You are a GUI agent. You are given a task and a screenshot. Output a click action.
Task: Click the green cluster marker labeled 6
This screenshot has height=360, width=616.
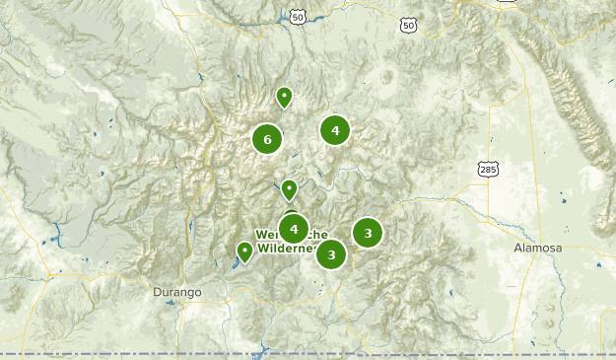267,139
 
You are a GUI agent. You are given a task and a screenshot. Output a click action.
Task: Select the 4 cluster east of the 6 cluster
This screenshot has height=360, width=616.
335,130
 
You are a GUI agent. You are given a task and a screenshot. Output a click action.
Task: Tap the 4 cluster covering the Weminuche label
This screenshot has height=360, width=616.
294,229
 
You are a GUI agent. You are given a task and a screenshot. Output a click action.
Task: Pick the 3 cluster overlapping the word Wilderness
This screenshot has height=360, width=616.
331,254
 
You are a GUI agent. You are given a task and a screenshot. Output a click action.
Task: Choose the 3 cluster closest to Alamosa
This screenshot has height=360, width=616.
368,233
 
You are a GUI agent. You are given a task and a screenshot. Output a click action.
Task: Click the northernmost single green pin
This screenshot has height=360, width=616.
284,97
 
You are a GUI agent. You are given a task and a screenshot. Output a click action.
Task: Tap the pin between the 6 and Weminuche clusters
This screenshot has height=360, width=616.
289,188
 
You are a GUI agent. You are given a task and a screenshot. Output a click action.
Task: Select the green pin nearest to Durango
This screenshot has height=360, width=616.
244,252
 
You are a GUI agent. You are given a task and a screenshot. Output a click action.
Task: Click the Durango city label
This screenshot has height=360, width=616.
177,293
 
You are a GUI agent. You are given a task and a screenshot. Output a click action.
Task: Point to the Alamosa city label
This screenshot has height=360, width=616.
537,248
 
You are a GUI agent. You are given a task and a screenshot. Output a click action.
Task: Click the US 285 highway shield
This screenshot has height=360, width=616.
488,170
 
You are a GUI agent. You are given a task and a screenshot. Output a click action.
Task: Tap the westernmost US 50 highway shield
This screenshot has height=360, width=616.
298,17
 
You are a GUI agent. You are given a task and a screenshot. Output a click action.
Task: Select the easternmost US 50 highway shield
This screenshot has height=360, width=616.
408,25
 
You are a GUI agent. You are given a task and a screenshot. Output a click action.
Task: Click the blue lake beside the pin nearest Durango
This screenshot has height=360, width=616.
238,262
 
